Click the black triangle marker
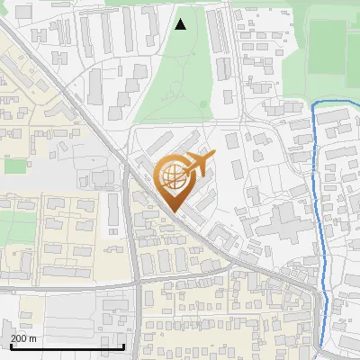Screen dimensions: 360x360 coord(181,24)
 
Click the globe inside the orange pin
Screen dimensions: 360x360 coord(174,177)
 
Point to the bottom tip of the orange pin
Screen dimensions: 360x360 coord(174,212)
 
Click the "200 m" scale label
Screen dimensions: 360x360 coord(23,338)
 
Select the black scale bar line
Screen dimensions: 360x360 coord(67,346)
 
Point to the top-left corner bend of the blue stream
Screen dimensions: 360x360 coord(314,106)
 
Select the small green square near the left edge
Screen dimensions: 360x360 coord(15,166)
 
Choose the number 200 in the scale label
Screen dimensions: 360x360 coord(19,338)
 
